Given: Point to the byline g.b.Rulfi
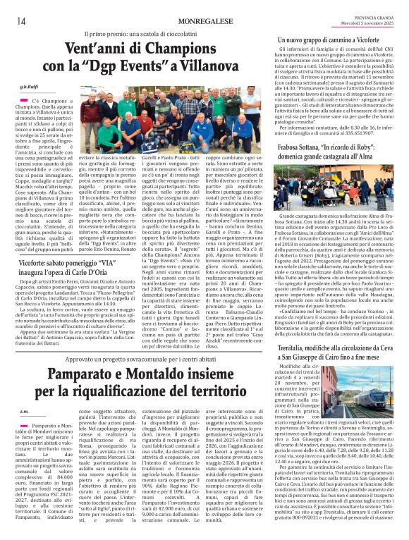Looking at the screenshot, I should coord(39,86).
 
